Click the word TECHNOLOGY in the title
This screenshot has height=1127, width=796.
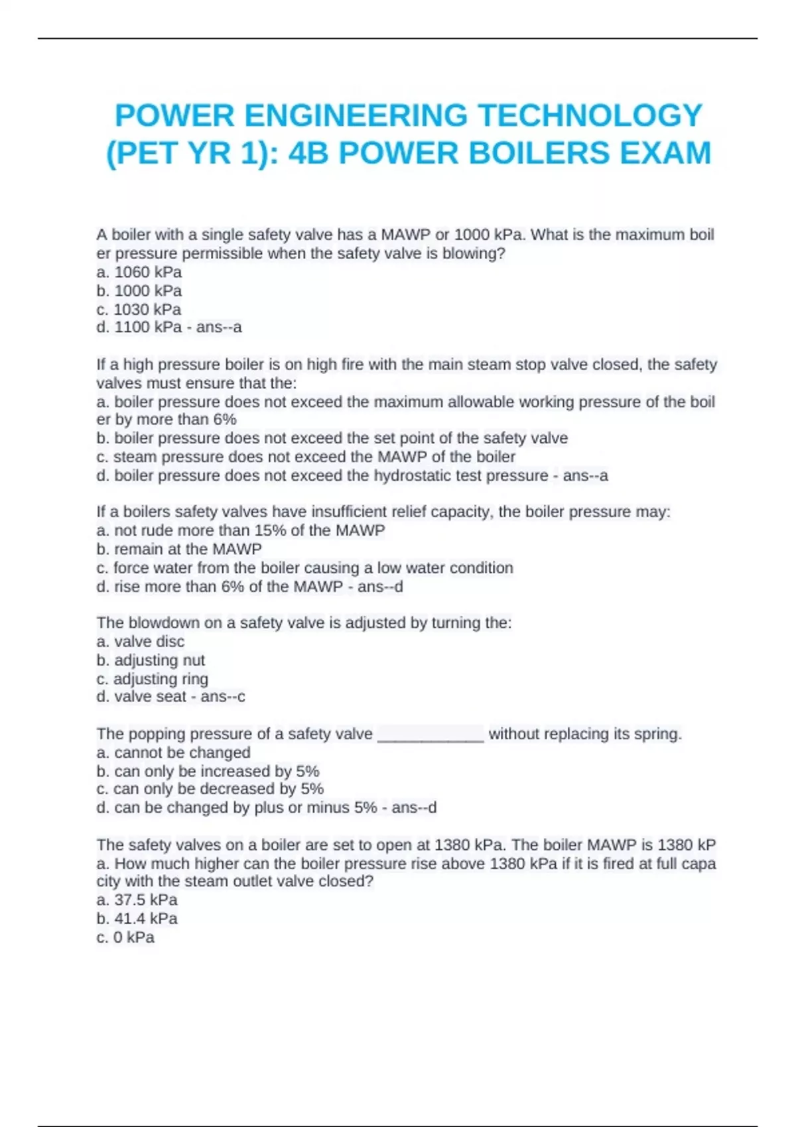click(x=590, y=115)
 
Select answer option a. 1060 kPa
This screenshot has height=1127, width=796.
click(x=139, y=272)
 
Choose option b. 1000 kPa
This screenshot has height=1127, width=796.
click(x=139, y=290)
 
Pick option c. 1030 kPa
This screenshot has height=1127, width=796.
click(x=139, y=309)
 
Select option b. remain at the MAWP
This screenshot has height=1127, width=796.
click(x=179, y=549)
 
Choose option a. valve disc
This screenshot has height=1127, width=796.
click(x=141, y=641)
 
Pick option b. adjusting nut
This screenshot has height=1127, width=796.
click(x=151, y=660)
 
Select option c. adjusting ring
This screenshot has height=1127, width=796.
click(x=152, y=678)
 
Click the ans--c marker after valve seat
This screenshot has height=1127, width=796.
click(x=223, y=696)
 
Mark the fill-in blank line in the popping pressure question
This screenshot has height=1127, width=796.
click(x=431, y=736)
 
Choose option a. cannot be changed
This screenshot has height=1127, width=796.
click(x=173, y=752)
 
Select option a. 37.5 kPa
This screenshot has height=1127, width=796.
click(x=137, y=900)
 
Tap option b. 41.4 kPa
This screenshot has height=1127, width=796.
click(x=137, y=918)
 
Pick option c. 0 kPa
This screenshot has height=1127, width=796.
click(x=125, y=937)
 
